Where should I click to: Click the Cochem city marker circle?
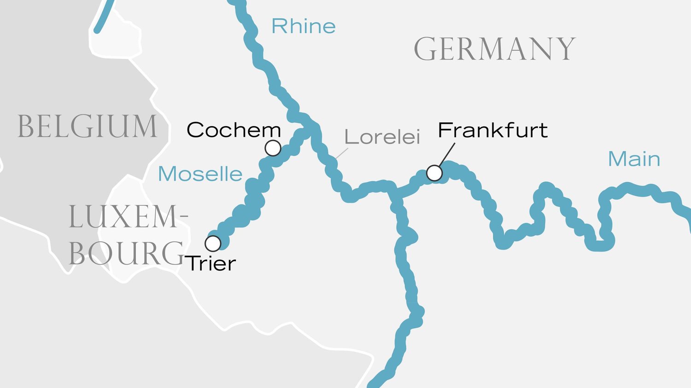pyautogui.click(x=273, y=148)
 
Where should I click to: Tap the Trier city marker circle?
pyautogui.click(x=213, y=243)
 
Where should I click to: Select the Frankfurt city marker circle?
pyautogui.click(x=434, y=173)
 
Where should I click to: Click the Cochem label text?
pyautogui.click(x=234, y=130)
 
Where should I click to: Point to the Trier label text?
pyautogui.click(x=211, y=264)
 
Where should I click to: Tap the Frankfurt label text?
pyautogui.click(x=492, y=130)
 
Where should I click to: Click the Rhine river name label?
pyautogui.click(x=303, y=26)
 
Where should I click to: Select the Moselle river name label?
pyautogui.click(x=200, y=174)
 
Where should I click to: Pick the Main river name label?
pyautogui.click(x=634, y=159)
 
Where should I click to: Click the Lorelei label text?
pyautogui.click(x=382, y=137)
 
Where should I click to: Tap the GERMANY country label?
pyautogui.click(x=494, y=49)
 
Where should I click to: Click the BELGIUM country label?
pyautogui.click(x=87, y=127)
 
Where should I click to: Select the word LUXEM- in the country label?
pyautogui.click(x=129, y=217)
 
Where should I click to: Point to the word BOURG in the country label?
pyautogui.click(x=126, y=253)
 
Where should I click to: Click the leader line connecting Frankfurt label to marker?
pyautogui.click(x=446, y=155)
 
